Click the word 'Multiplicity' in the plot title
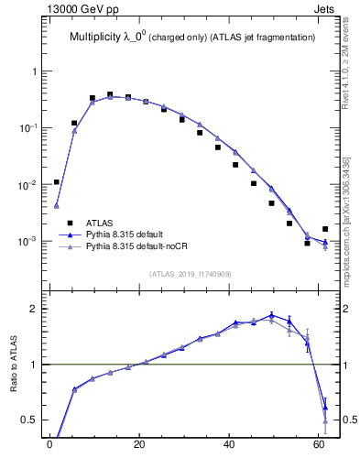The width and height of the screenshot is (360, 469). pos(99,38)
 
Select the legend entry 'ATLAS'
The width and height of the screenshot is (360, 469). pos(100,223)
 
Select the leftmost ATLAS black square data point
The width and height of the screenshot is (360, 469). pos(57,182)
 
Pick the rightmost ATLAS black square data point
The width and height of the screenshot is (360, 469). pos(325,229)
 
